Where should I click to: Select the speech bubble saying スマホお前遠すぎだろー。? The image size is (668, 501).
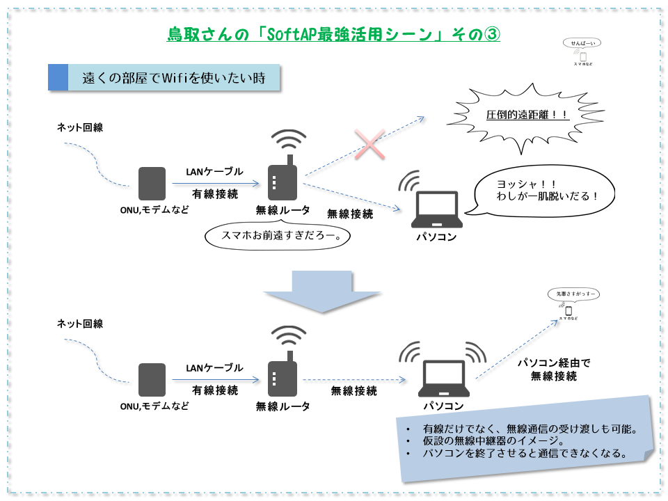pyautogui.click(x=276, y=235)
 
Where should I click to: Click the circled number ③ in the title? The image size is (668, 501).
pyautogui.click(x=491, y=34)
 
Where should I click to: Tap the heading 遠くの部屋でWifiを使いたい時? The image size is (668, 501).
pyautogui.click(x=174, y=77)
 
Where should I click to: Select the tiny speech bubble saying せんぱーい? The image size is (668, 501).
pyautogui.click(x=583, y=43)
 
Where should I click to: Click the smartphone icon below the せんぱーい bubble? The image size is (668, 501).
pyautogui.click(x=583, y=56)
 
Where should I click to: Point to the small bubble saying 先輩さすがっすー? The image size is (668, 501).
pyautogui.click(x=572, y=294)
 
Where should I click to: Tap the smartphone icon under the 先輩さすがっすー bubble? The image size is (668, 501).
pyautogui.click(x=568, y=310)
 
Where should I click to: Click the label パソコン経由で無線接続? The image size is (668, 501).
pyautogui.click(x=554, y=369)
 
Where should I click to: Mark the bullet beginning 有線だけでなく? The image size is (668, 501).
pyautogui.click(x=530, y=429)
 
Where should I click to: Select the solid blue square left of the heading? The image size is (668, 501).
pyautogui.click(x=58, y=77)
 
